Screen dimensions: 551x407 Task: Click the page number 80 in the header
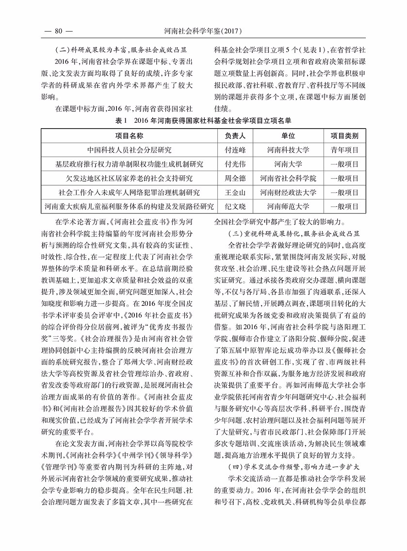(x=57, y=32)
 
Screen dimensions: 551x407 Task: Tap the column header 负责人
(x=235, y=136)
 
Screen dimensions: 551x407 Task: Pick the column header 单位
(x=288, y=136)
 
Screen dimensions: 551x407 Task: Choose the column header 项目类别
(x=344, y=136)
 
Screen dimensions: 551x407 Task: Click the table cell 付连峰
(x=235, y=150)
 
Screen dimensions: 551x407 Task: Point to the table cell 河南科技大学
(x=288, y=150)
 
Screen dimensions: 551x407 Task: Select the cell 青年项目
(x=344, y=150)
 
